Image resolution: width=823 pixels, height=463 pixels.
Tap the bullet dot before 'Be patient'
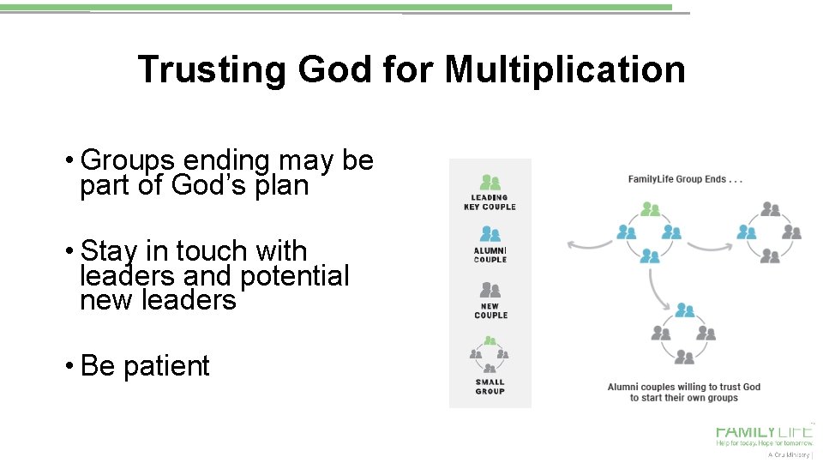68,366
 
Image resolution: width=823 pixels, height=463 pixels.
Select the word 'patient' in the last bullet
166,366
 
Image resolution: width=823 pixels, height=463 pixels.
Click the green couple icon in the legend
490,182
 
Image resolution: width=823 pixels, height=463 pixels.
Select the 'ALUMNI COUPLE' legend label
490,255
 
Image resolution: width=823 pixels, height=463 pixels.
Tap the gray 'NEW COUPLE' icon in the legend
490,288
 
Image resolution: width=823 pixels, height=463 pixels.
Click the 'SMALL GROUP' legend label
490,387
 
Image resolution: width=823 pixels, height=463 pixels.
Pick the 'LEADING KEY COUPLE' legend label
490,201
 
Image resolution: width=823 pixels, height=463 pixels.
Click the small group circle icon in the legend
490,356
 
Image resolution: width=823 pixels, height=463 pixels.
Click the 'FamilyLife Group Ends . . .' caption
685,179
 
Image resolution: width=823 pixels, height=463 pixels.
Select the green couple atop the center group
651,208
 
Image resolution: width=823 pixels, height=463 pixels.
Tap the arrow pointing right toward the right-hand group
709,247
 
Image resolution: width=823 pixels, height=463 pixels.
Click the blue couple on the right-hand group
748,231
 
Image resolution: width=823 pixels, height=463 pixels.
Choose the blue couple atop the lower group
683,310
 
